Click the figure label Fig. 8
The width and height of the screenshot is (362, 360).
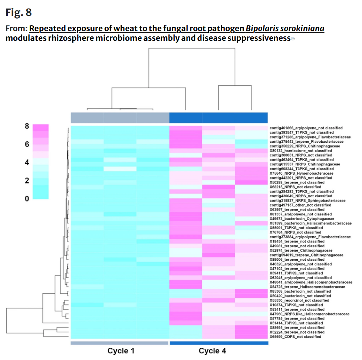(19, 13)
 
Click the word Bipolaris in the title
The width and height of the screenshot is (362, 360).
(261, 29)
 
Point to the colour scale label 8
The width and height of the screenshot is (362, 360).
(27, 126)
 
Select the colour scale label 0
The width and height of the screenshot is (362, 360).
(27, 199)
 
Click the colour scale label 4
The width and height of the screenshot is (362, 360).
(27, 162)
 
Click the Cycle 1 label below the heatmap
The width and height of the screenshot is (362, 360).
(121, 351)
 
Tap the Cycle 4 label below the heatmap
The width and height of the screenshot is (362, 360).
(213, 351)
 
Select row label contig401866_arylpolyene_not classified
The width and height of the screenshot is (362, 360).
(306, 128)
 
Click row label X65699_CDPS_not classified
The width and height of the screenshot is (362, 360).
(296, 337)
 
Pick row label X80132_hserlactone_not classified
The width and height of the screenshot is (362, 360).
(301, 151)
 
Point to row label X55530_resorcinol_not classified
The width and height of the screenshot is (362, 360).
(299, 300)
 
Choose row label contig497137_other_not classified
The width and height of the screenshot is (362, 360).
(300, 205)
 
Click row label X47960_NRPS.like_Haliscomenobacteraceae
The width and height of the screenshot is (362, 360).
(310, 314)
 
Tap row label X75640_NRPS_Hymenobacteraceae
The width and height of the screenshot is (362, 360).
(302, 173)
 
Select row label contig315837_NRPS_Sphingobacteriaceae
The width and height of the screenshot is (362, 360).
(307, 201)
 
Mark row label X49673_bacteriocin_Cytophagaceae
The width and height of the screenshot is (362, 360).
(302, 219)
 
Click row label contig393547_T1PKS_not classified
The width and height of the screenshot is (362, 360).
(302, 132)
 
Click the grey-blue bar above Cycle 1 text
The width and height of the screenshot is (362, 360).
(119, 343)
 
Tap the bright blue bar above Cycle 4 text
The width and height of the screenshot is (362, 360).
(219, 343)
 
